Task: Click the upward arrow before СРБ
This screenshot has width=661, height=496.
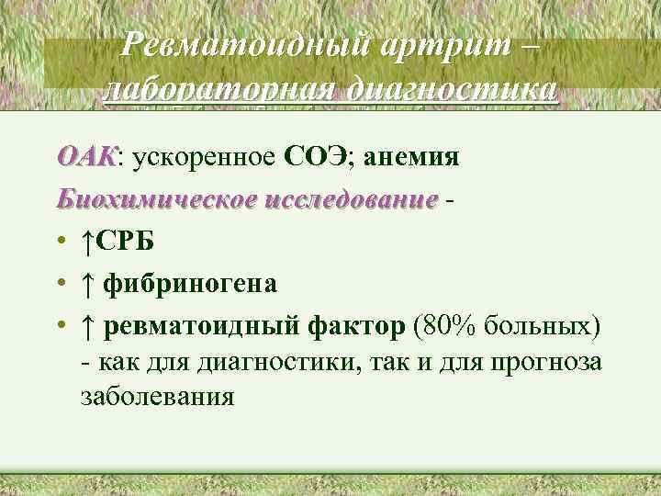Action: [85, 242]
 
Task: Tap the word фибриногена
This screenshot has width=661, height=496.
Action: [189, 284]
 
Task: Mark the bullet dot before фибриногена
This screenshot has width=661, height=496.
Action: [60, 285]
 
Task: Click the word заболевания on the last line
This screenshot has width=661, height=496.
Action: [157, 398]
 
